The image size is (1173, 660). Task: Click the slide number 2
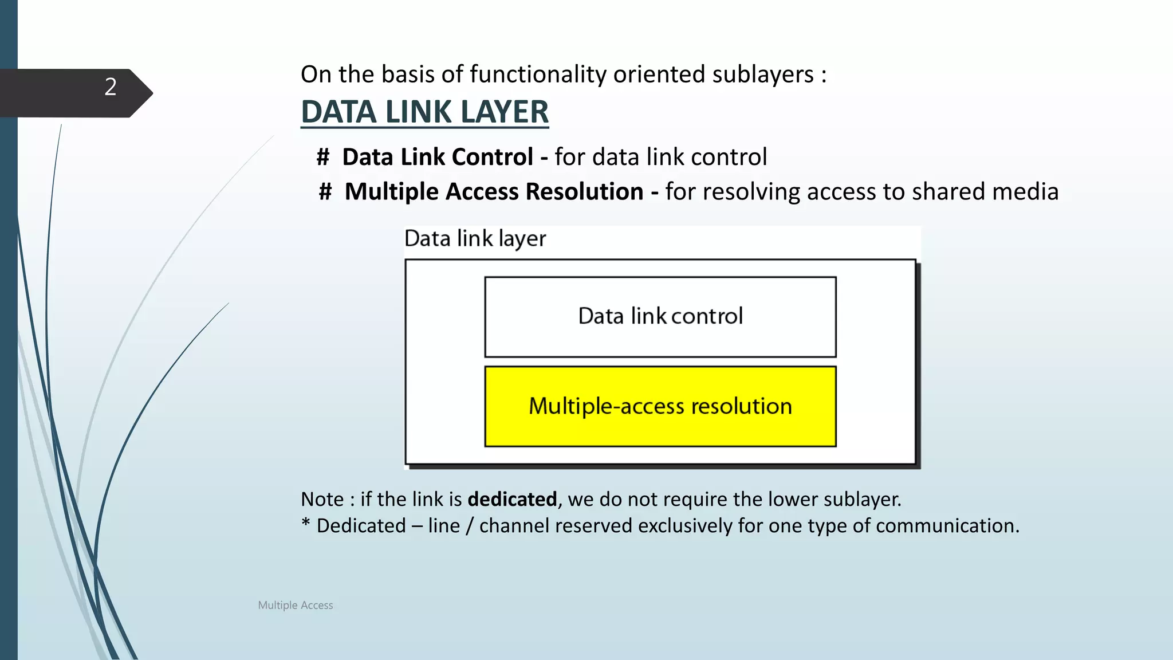(x=111, y=87)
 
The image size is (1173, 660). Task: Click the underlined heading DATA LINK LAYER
(x=424, y=112)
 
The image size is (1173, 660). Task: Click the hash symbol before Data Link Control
(x=323, y=157)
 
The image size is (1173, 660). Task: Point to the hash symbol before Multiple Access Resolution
(x=325, y=192)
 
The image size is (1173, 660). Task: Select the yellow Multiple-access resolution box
(x=660, y=406)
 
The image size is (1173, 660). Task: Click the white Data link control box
(x=660, y=317)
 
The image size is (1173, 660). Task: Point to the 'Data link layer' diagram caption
(x=475, y=239)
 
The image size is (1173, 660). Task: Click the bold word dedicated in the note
(x=512, y=500)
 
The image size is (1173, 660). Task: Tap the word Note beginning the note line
(x=322, y=500)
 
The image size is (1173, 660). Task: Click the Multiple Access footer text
(x=295, y=605)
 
